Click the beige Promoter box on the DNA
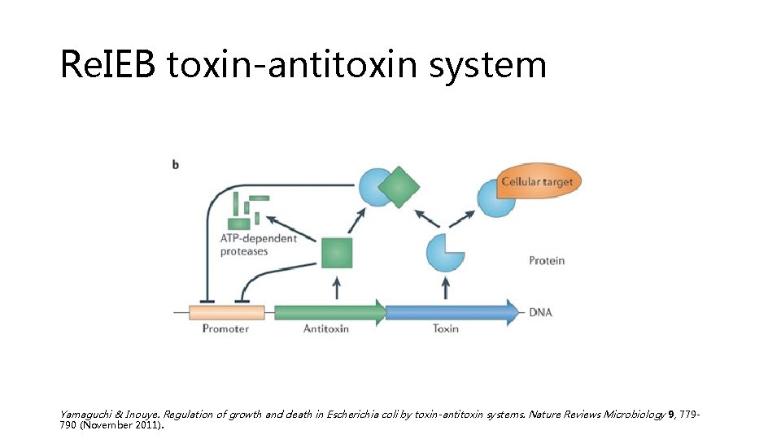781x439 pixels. pyautogui.click(x=226, y=312)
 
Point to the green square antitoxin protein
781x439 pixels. pyautogui.click(x=337, y=253)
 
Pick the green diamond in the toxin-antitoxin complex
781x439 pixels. pyautogui.click(x=399, y=187)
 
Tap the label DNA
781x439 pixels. pyautogui.click(x=542, y=312)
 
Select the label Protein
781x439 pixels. pyautogui.click(x=546, y=261)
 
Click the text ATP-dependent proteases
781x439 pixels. pyautogui.click(x=258, y=245)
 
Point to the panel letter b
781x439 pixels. pyautogui.click(x=176, y=164)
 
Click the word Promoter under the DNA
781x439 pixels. pyautogui.click(x=225, y=328)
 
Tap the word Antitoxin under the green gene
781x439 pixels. pyautogui.click(x=326, y=328)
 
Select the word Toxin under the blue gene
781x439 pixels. pyautogui.click(x=446, y=328)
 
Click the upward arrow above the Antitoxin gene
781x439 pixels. pyautogui.click(x=337, y=287)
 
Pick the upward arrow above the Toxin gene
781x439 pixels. pyautogui.click(x=445, y=287)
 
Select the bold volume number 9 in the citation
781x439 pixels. pyautogui.click(x=671, y=415)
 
